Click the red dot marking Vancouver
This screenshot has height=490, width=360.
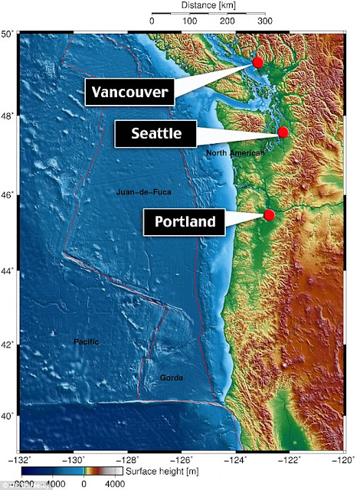click(258, 62)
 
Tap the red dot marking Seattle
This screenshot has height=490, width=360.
click(283, 132)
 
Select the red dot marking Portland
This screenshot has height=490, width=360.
click(270, 214)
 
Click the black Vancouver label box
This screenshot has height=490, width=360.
click(129, 93)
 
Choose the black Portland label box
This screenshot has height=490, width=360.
click(184, 222)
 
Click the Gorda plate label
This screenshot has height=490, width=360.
click(171, 378)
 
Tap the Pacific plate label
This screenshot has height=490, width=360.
click(86, 341)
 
